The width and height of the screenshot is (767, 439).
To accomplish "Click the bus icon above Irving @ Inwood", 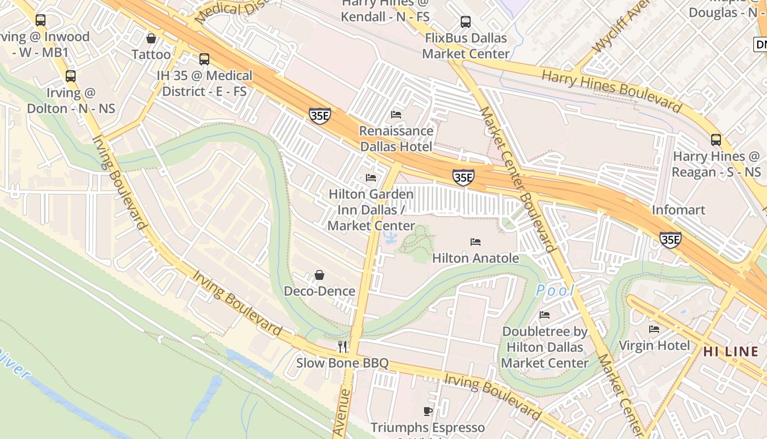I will click(41, 20).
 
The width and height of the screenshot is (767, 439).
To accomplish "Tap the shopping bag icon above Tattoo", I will click(151, 38).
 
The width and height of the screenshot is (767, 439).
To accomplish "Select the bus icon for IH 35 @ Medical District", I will click(204, 59).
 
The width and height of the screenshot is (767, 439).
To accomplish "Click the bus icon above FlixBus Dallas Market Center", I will click(466, 22).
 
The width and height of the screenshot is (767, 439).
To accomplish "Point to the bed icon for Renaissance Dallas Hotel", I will click(396, 114).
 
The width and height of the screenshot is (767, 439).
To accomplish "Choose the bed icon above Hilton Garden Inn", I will click(371, 177).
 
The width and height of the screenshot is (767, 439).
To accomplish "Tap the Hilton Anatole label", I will click(475, 258).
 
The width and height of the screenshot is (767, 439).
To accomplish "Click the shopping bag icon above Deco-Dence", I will click(319, 274).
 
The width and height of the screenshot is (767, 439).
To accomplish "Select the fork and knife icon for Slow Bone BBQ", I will click(342, 346).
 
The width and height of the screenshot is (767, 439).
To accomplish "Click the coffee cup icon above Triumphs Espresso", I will click(428, 410).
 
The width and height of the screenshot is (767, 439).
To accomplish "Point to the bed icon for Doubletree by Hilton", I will click(545, 314).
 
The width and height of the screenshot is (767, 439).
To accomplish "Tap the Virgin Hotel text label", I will click(654, 345).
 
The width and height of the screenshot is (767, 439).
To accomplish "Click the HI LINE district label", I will click(731, 351).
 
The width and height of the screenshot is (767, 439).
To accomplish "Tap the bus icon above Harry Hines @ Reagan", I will click(716, 139).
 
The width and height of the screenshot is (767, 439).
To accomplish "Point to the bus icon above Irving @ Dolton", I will click(71, 76).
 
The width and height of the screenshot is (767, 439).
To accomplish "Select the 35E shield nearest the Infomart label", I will click(670, 239).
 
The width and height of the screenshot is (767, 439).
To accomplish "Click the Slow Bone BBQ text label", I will click(342, 363).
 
